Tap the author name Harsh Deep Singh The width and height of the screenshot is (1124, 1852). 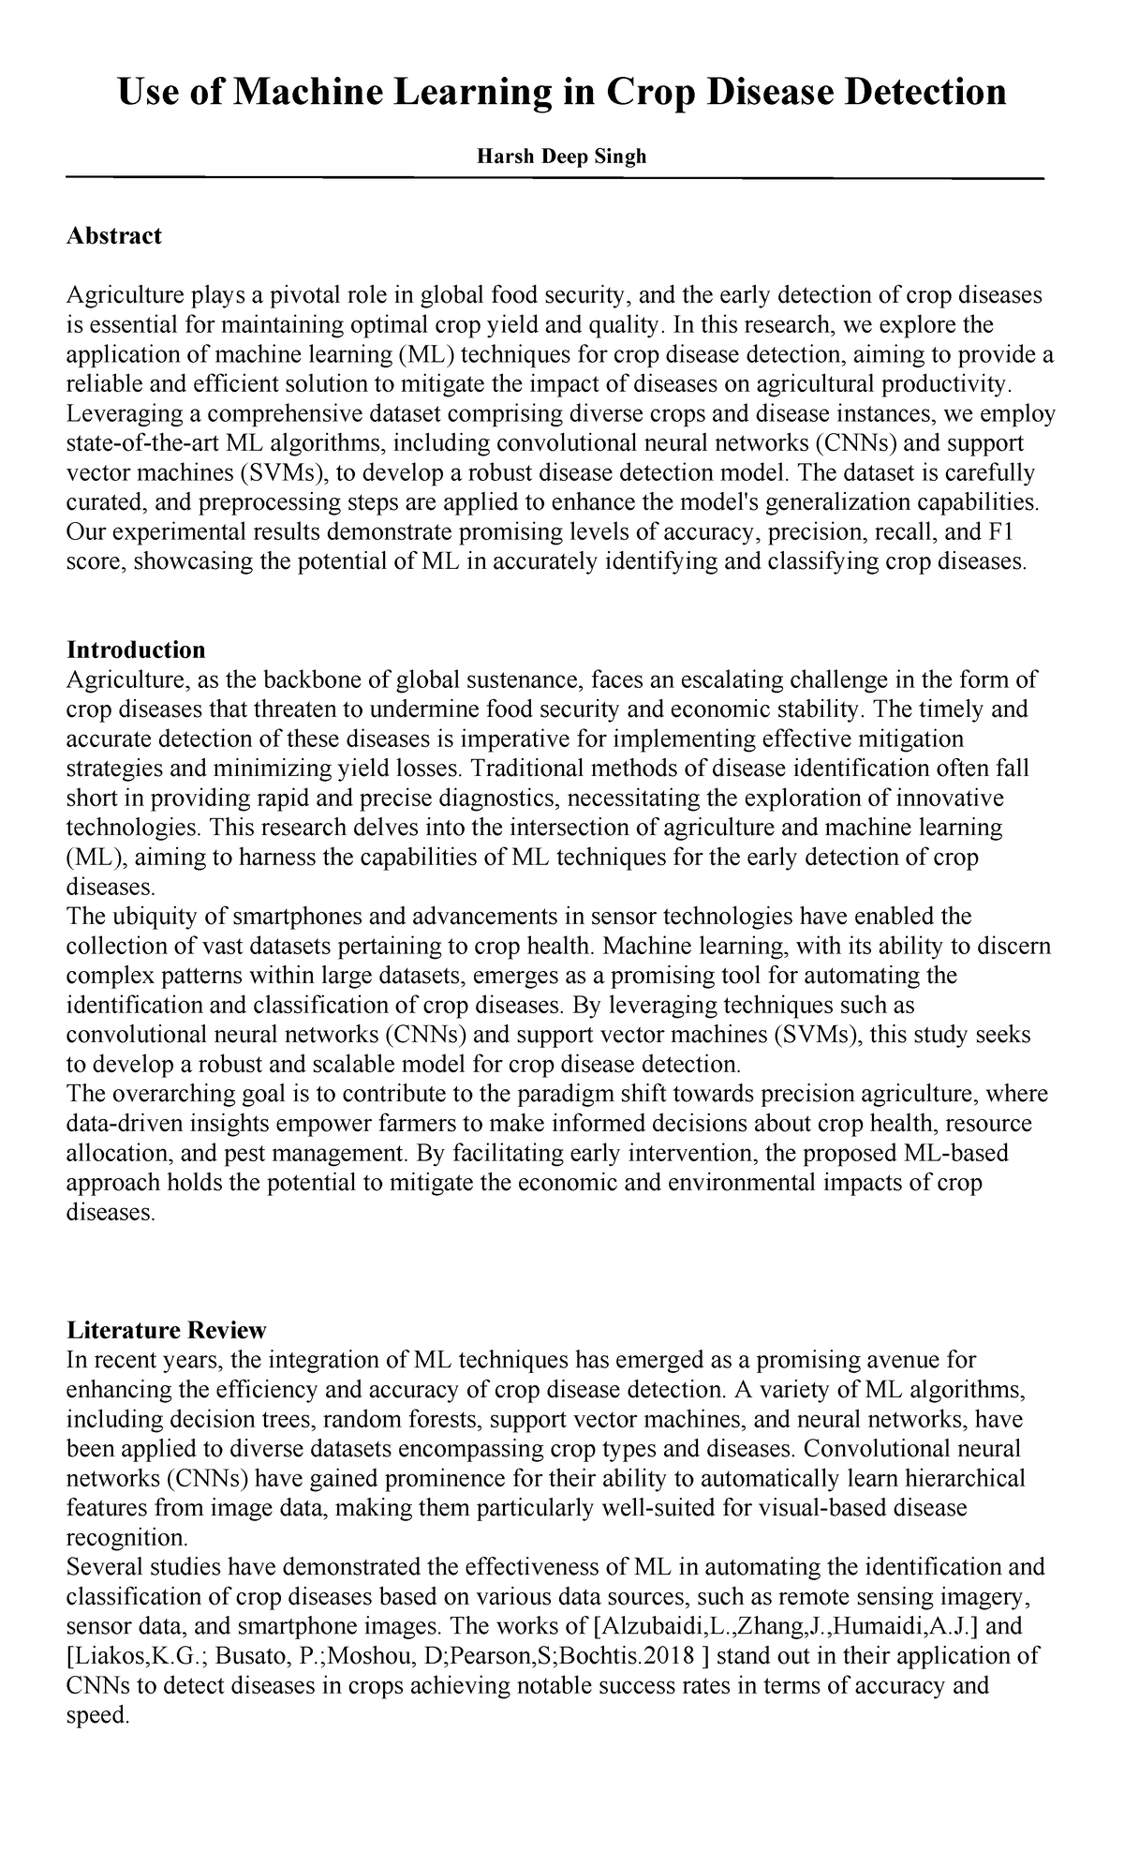tap(561, 157)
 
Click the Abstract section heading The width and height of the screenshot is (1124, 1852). tap(114, 235)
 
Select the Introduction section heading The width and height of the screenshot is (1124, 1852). tap(136, 650)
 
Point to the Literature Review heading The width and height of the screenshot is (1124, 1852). tap(167, 1330)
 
